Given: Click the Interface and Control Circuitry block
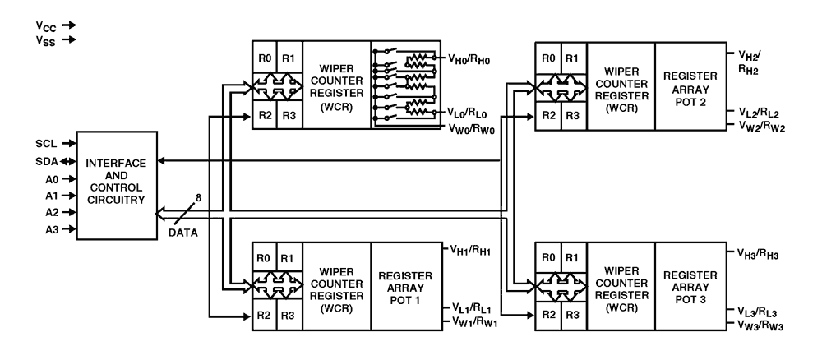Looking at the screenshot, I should [x=116, y=186].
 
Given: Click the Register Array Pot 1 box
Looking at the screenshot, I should [x=405, y=286].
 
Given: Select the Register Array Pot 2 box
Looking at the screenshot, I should [x=689, y=85].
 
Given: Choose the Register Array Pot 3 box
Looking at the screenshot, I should [x=689, y=286].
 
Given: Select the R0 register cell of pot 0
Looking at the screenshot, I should [x=263, y=58].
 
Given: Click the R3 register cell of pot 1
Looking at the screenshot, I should [x=289, y=316].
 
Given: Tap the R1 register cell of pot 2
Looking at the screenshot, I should [x=572, y=58].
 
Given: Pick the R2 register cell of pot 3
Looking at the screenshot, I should [x=547, y=316].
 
